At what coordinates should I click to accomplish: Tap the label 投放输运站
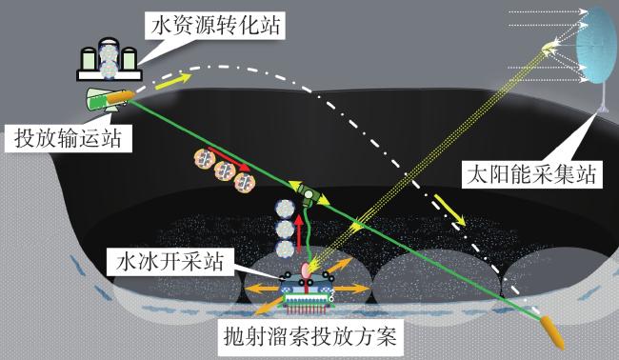(x=68, y=138)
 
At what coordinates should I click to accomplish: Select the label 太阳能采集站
(x=531, y=173)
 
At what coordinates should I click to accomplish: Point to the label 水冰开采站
(x=170, y=262)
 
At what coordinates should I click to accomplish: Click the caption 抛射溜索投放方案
(x=309, y=337)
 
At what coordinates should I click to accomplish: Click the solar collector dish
(x=595, y=47)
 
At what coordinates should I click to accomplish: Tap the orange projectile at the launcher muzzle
(x=121, y=97)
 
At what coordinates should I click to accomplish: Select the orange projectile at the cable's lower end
(x=552, y=332)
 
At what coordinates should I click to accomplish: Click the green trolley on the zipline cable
(x=309, y=194)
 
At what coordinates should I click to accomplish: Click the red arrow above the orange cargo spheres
(x=229, y=159)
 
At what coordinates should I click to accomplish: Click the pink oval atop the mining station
(x=307, y=270)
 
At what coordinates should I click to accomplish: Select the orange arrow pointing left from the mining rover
(x=262, y=289)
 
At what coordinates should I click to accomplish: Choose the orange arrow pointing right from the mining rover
(x=352, y=289)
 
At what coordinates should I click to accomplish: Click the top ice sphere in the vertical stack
(x=285, y=209)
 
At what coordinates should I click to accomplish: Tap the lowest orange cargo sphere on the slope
(x=245, y=182)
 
